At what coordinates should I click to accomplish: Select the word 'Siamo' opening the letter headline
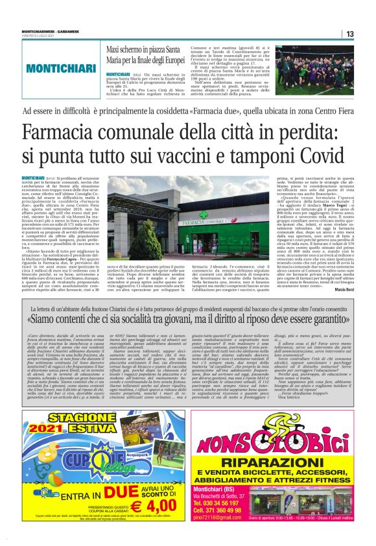coord(60,319)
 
